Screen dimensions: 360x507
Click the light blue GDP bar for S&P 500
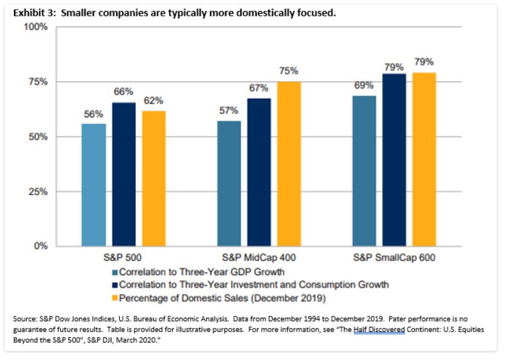point(93,185)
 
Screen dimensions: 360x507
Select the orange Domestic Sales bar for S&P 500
point(153,179)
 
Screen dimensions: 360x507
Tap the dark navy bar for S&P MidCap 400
point(259,172)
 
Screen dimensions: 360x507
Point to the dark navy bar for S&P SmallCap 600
point(394,160)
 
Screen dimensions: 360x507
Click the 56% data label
point(93,114)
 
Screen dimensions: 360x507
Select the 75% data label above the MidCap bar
point(289,72)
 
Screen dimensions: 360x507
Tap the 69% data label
point(364,85)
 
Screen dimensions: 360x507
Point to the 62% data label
point(153,101)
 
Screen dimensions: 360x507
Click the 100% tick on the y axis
point(36,27)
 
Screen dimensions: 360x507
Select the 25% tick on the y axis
point(39,192)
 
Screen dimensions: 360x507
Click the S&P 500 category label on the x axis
point(124,258)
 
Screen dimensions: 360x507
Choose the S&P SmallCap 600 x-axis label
point(394,258)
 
